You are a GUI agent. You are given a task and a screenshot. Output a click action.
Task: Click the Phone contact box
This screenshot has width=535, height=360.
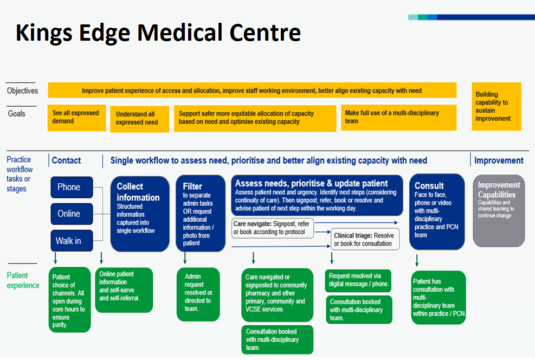[72, 187]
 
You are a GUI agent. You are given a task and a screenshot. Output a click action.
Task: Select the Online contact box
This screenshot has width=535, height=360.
[72, 214]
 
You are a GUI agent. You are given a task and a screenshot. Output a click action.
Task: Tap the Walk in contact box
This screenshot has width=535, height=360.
[72, 241]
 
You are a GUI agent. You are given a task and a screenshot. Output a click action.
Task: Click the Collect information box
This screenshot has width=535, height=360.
[140, 214]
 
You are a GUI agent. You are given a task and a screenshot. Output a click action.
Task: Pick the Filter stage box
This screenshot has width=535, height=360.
[201, 214]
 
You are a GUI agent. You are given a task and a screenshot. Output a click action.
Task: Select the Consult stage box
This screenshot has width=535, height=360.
[437, 211]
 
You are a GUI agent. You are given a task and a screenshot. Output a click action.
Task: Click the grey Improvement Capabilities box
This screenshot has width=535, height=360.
[499, 210]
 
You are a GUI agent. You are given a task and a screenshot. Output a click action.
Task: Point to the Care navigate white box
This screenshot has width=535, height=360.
[273, 228]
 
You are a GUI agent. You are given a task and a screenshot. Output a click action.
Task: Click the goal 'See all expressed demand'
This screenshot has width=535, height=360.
[77, 118]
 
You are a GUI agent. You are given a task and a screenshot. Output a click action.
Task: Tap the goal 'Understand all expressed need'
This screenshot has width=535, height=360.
[139, 119]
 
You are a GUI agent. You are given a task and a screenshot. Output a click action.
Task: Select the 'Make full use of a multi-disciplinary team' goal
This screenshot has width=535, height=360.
[399, 118]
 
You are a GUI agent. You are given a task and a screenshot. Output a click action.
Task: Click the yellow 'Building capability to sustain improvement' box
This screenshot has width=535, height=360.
[497, 106]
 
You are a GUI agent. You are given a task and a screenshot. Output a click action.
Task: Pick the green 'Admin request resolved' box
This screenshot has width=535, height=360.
[198, 294]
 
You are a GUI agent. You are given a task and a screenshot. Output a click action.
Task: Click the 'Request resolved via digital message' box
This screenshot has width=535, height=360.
[358, 281]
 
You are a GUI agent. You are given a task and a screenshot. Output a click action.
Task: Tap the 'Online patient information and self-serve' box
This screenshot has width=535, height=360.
[124, 290]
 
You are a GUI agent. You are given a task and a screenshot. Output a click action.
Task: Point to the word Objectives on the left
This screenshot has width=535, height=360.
[23, 91]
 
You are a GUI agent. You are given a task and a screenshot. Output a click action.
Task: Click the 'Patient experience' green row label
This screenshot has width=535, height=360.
[23, 280]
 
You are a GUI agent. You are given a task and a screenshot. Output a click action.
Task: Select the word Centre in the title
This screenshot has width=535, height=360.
[265, 33]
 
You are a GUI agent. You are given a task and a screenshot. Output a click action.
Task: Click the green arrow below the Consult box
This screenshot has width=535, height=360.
[417, 260]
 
